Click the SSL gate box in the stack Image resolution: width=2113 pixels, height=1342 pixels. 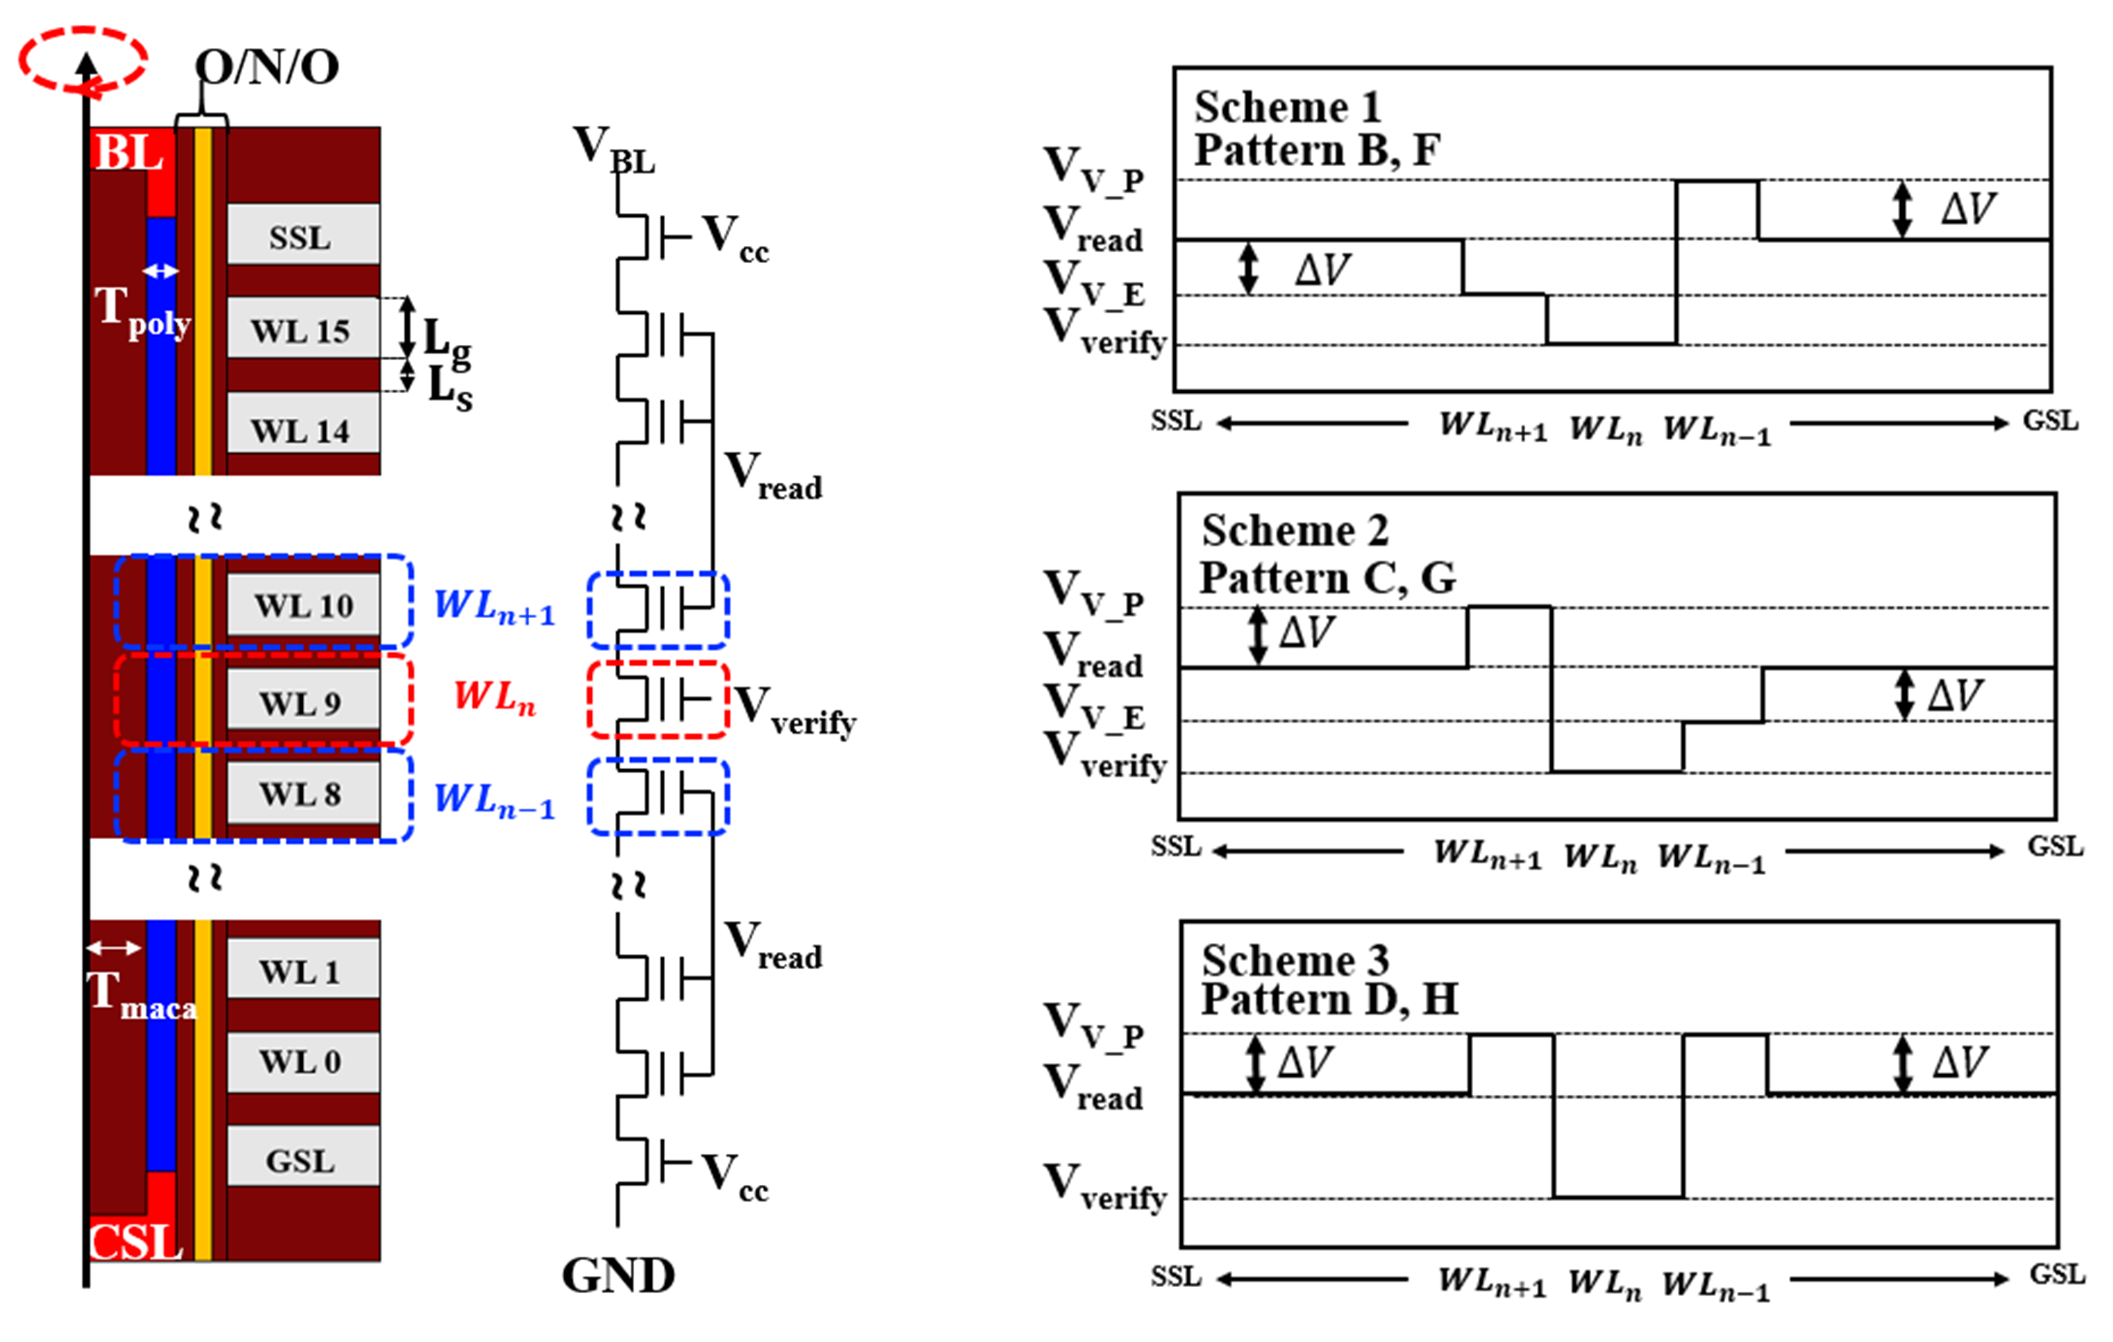click(x=302, y=235)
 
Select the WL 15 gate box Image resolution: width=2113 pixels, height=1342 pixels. click(x=302, y=329)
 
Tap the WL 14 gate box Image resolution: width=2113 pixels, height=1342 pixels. click(x=302, y=429)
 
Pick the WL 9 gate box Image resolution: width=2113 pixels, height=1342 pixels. click(x=302, y=702)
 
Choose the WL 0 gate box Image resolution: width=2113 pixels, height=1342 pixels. click(x=302, y=1061)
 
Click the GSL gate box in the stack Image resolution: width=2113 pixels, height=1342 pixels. click(x=302, y=1160)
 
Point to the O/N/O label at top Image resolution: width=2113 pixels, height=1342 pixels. click(x=267, y=67)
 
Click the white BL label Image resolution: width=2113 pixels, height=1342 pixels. click(x=128, y=152)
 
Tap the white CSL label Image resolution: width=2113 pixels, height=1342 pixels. click(x=135, y=1241)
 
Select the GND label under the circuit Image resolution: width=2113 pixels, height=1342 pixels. click(x=618, y=1275)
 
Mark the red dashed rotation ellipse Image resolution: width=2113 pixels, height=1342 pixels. click(x=82, y=59)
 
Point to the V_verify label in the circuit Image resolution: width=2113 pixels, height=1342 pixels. click(x=794, y=709)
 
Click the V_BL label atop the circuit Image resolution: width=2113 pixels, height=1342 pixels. click(x=614, y=149)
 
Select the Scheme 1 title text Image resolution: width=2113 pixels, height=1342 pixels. click(x=1287, y=107)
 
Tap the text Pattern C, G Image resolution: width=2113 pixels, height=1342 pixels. click(x=1328, y=578)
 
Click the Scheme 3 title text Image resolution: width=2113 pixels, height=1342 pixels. click(x=1295, y=959)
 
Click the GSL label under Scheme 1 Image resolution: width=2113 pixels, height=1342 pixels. click(x=2050, y=421)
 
